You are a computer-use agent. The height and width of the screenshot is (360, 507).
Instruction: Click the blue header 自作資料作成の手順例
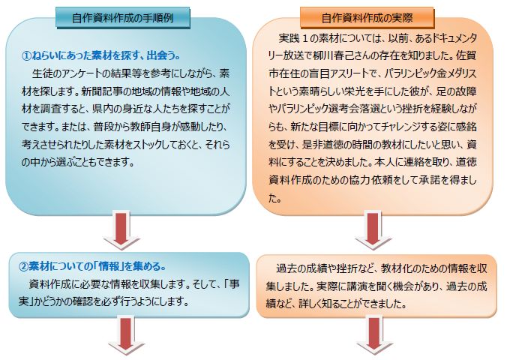click(x=123, y=17)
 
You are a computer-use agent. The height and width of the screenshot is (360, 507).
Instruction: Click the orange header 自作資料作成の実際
click(x=367, y=17)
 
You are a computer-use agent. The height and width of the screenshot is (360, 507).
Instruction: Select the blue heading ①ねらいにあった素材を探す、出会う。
click(x=101, y=55)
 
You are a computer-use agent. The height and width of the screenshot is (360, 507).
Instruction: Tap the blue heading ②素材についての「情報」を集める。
click(x=92, y=266)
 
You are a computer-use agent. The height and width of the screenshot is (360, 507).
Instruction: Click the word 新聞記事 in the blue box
click(x=101, y=91)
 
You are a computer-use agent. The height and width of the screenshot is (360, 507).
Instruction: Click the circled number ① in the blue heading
click(x=26, y=56)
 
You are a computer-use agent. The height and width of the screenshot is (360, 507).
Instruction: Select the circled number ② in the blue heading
click(x=23, y=266)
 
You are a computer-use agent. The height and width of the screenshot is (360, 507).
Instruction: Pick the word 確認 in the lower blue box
click(x=84, y=301)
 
